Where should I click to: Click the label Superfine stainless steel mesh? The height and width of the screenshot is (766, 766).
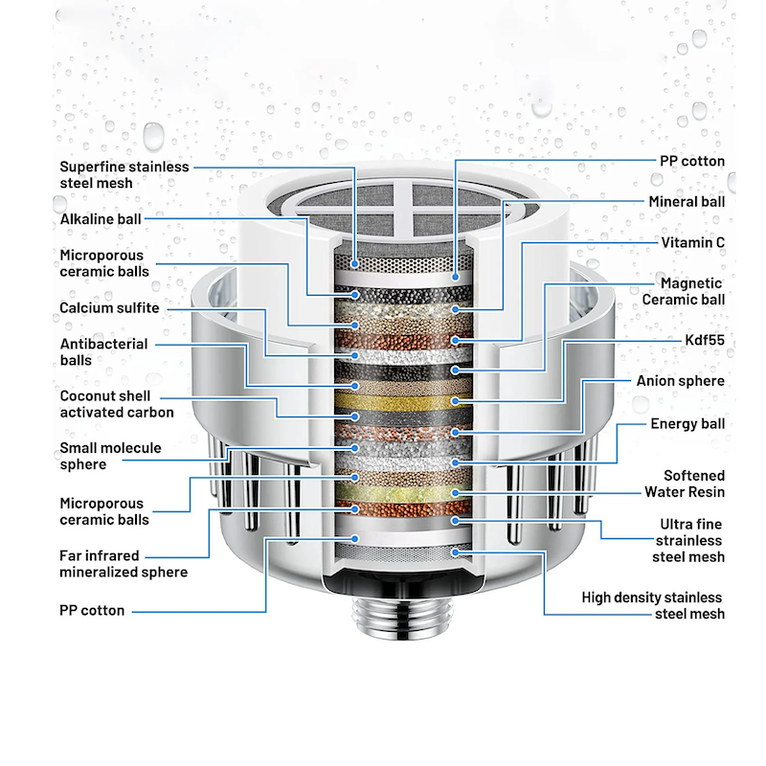coord(124,174)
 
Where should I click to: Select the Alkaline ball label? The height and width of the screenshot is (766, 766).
coord(101,219)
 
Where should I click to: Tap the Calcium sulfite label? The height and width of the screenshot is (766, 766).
coord(109,307)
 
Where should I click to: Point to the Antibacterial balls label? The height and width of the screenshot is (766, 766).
coord(103,351)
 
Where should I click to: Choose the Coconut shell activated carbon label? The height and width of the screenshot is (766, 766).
coord(117,404)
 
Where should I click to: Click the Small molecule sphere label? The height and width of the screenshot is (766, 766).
coord(110,456)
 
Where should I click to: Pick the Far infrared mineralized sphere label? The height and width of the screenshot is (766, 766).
coord(124,564)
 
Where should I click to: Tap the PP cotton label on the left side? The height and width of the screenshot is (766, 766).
coord(92,611)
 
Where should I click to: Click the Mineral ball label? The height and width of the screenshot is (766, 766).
coord(687,202)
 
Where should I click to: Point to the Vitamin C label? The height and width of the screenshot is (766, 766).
coord(692,242)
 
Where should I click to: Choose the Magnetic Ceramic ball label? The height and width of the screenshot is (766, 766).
coord(683,291)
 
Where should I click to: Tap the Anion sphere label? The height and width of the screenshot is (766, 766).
coord(681,381)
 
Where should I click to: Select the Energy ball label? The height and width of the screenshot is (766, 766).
coord(687,424)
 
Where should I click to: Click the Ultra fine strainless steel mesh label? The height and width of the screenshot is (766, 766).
coord(688,540)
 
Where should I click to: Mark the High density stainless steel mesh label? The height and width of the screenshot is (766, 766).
coord(653,605)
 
